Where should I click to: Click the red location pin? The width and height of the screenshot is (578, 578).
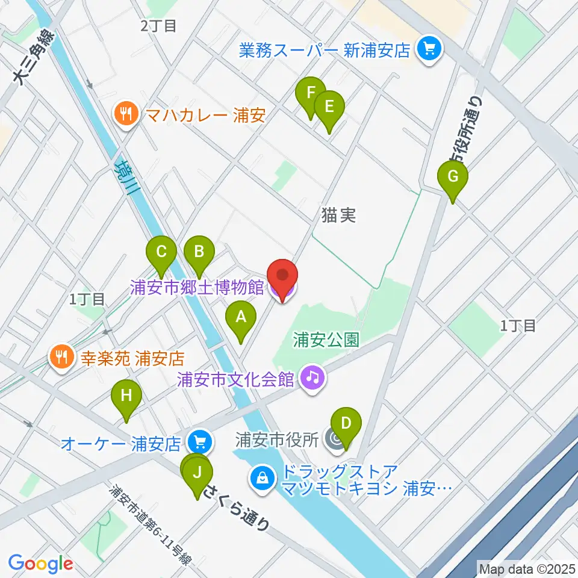tap(282, 278)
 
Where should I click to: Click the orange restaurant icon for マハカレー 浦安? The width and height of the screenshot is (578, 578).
tap(125, 114)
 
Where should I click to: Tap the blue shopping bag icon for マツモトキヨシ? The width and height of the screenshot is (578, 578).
tap(263, 479)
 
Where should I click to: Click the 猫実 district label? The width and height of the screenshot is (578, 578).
tap(339, 215)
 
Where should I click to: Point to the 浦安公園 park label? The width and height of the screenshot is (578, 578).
tap(326, 340)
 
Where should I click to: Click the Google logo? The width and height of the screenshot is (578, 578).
tap(40, 564)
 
